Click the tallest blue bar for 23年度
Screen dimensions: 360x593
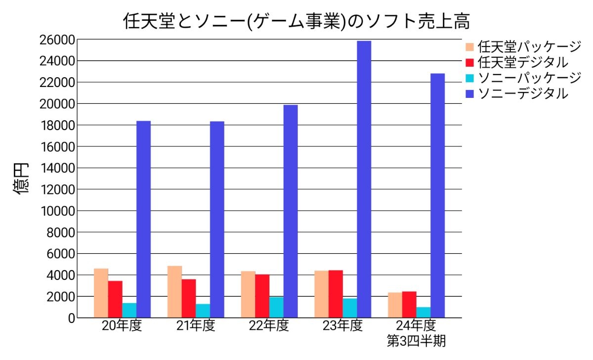(x=364, y=179)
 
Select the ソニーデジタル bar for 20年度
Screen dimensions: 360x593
(x=143, y=219)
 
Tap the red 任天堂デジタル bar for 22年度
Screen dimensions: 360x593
(x=262, y=296)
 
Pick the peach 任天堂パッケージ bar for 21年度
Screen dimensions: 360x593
(x=174, y=292)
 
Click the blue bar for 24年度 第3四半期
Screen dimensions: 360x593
(x=437, y=195)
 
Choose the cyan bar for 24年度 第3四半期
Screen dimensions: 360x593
(x=423, y=312)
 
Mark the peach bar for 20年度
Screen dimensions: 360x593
(x=101, y=293)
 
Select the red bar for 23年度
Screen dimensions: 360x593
(x=336, y=294)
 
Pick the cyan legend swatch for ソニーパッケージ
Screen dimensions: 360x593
(x=469, y=78)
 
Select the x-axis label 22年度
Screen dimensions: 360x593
(x=268, y=326)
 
